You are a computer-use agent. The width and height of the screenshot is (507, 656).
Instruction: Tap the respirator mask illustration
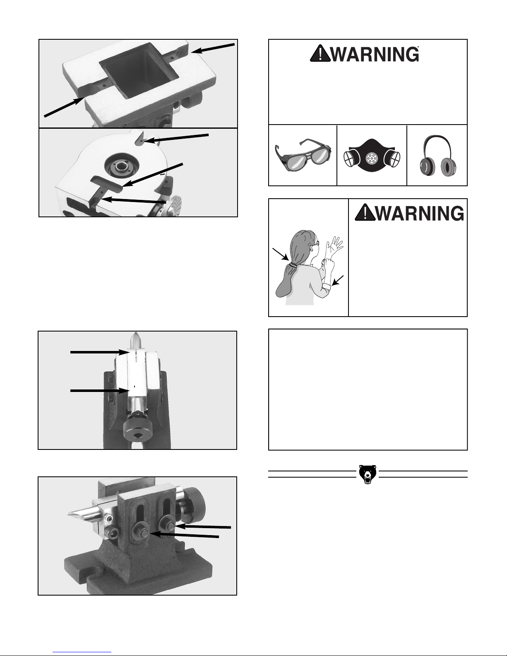[x=372, y=156]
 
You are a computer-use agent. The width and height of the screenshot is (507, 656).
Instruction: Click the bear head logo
[x=368, y=474]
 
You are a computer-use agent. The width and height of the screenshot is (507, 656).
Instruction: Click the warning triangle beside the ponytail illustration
[x=365, y=213]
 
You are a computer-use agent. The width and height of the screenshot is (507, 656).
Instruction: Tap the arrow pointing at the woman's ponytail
[x=280, y=254]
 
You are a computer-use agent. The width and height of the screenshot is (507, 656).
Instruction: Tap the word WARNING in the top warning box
[x=375, y=54]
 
